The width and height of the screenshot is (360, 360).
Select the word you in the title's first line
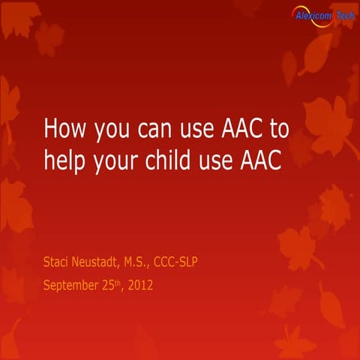pos(109,132)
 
